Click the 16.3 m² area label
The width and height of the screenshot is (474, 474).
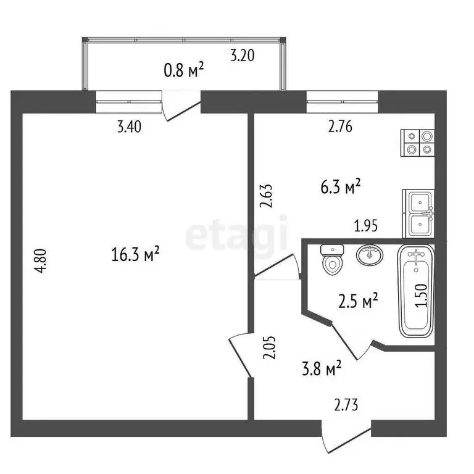pos(135,254)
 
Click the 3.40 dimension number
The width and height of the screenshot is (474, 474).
pos(129,128)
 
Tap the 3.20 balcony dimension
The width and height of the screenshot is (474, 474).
pos(243,56)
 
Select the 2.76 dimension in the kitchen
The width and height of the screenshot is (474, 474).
pos(341,128)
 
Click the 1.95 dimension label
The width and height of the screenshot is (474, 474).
pos(367,227)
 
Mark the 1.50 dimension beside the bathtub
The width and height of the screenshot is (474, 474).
pos(422,296)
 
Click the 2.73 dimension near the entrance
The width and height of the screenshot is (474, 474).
pos(346,405)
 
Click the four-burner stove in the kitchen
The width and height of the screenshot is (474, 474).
pos(418,142)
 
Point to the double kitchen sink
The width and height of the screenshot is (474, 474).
pos(418,213)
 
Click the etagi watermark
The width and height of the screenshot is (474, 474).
pos(237,233)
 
